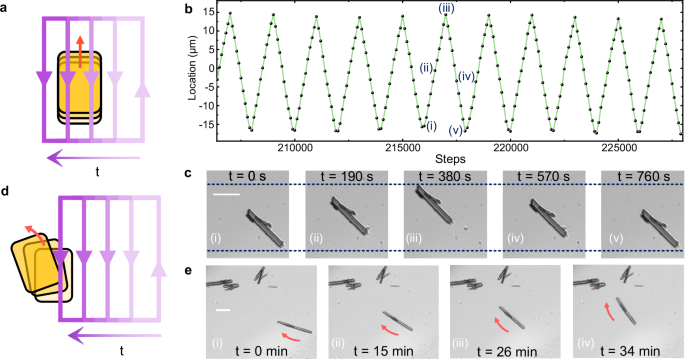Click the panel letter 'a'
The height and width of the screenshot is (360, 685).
[6, 9]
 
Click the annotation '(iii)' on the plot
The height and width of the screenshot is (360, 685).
[447, 8]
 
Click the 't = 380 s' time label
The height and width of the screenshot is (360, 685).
[445, 177]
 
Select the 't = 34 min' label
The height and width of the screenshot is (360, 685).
[629, 350]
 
